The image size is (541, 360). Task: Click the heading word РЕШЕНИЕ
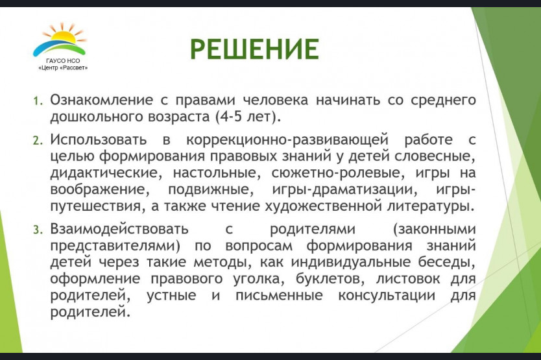coord(254,49)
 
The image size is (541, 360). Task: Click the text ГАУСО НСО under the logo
coord(63,61)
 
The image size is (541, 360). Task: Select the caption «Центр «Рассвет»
coord(63,67)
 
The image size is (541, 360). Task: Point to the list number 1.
coord(38,101)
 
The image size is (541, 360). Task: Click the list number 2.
coord(38,141)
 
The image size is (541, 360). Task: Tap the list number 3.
coord(38,230)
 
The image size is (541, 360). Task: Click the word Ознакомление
coord(101,100)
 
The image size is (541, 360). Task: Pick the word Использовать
coord(99,140)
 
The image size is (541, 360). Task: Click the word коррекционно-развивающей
coord(287,140)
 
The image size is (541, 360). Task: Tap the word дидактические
coord(106,173)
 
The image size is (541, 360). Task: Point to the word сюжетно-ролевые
coord(338,173)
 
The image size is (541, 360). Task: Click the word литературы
coord(431,206)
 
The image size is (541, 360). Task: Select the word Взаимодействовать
coord(119,229)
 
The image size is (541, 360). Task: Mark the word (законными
coord(434,229)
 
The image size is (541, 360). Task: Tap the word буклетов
coord(330,278)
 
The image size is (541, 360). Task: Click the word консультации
coord(387,295)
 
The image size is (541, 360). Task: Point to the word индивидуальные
coord(351,262)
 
